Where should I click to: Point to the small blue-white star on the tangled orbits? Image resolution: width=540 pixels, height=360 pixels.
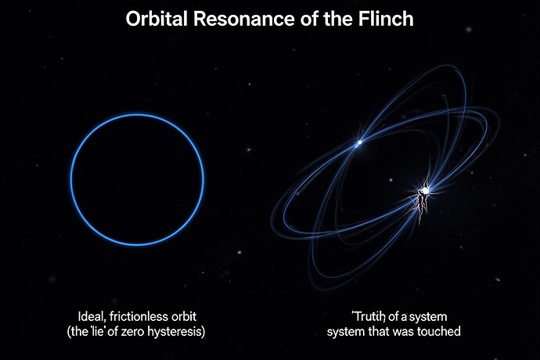(x=359, y=142)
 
